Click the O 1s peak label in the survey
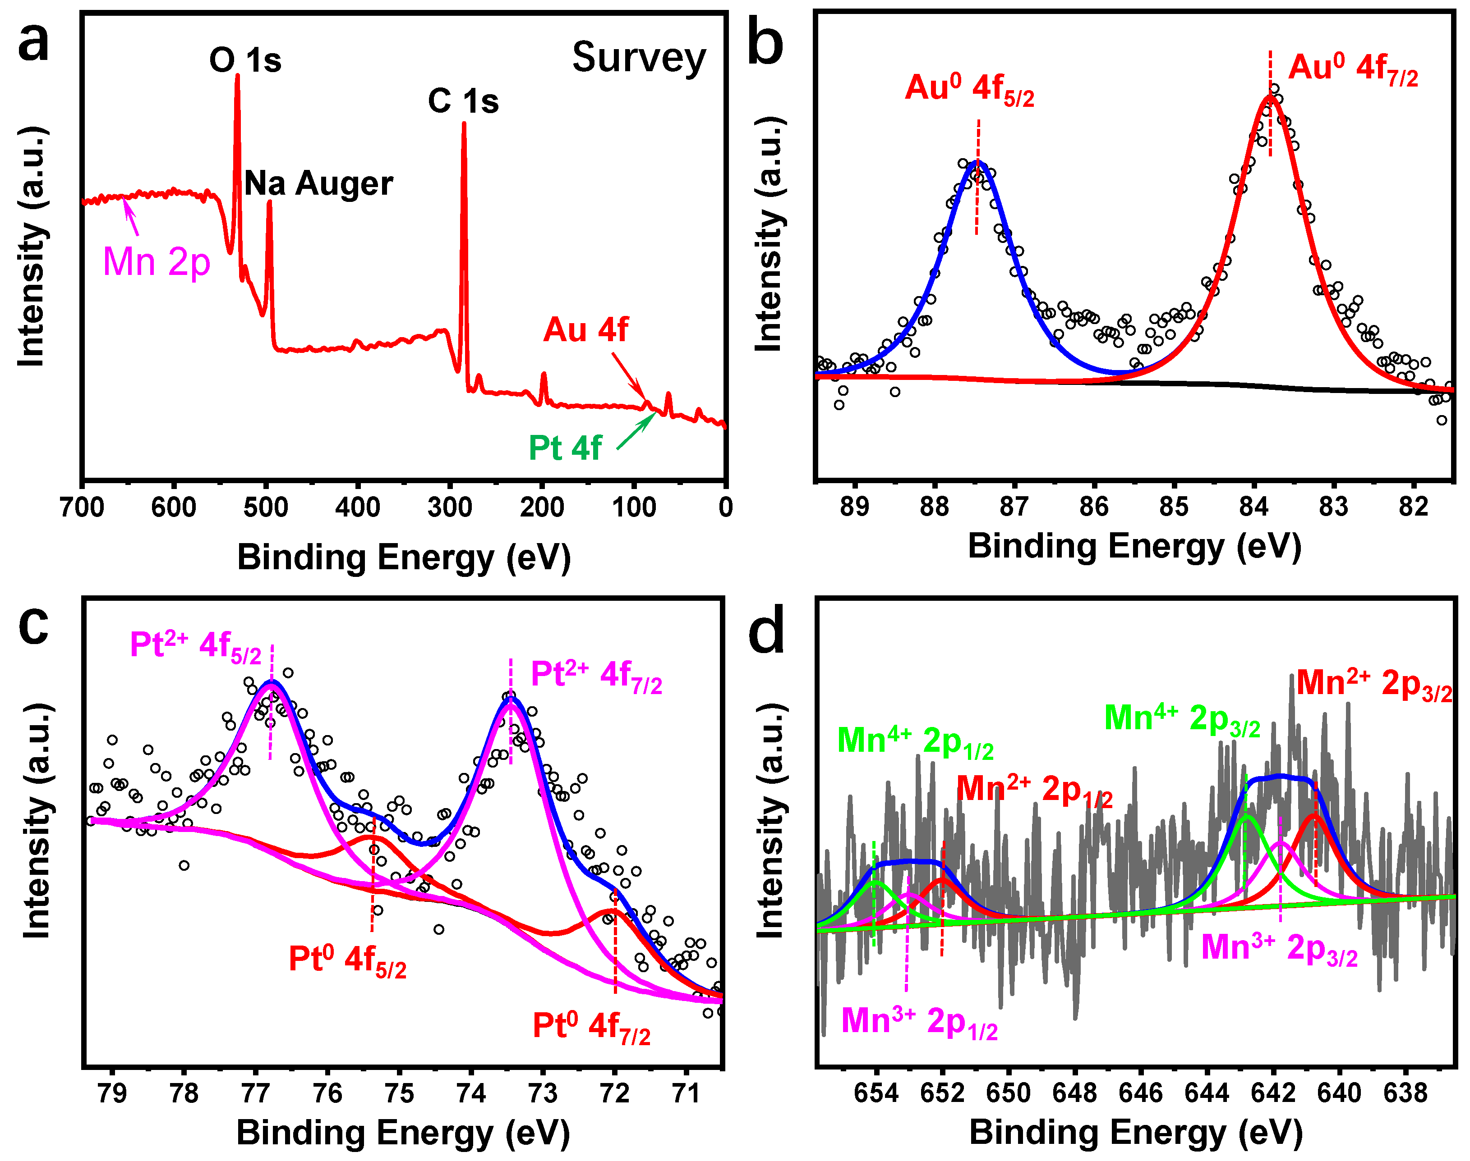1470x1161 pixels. click(x=245, y=60)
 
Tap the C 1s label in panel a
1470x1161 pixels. click(x=463, y=101)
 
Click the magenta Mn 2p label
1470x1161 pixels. click(x=157, y=262)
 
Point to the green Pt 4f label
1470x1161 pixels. click(x=565, y=448)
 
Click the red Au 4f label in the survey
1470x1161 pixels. click(x=585, y=329)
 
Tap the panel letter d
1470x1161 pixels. click(x=766, y=632)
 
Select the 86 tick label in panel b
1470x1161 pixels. click(x=1094, y=507)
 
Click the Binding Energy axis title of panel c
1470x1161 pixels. click(x=403, y=1133)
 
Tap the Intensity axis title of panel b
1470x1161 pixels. click(x=769, y=234)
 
